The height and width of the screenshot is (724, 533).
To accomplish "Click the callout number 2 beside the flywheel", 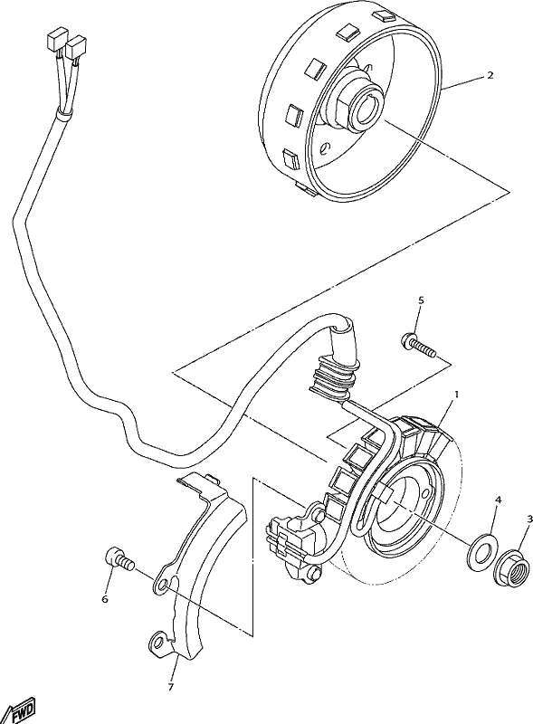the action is [x=477, y=75].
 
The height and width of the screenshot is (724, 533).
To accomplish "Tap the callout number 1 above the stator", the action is [x=457, y=395].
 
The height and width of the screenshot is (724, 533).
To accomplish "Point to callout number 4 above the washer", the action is [x=499, y=500].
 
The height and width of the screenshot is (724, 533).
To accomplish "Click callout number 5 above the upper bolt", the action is [x=421, y=300].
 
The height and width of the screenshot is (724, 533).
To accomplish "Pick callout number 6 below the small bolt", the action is [x=105, y=599].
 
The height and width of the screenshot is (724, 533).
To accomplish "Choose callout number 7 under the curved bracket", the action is [x=171, y=688].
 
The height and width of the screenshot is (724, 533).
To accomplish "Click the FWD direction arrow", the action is [x=18, y=712].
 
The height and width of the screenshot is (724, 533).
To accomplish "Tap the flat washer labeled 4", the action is [x=483, y=548].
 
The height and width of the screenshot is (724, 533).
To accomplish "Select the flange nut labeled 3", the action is [x=512, y=567].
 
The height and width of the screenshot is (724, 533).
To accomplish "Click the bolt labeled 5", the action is [x=418, y=347].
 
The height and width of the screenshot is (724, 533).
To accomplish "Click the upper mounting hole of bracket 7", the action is [x=162, y=586].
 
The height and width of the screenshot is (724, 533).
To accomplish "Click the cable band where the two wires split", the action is [x=62, y=112].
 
